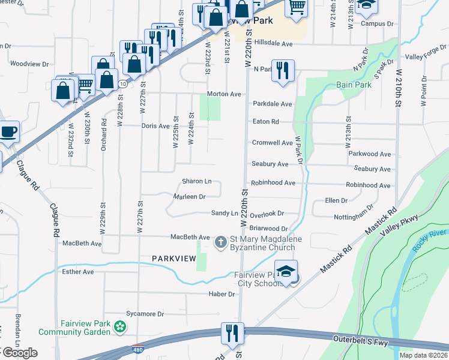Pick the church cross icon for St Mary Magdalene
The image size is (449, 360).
pyautogui.click(x=220, y=241)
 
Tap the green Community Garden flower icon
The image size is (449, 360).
pyautogui.click(x=121, y=327)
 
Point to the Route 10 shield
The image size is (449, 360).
pyautogui.click(x=122, y=83)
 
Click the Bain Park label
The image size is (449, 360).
pyautogui.click(x=354, y=85)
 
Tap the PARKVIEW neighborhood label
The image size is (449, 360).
pyautogui.click(x=174, y=258)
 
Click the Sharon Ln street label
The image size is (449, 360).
pyautogui.click(x=197, y=181)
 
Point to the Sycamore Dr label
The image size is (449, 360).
pyautogui.click(x=145, y=314)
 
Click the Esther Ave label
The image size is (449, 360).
pyautogui.click(x=78, y=272)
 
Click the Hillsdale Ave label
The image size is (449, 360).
pyautogui.click(x=273, y=44)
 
